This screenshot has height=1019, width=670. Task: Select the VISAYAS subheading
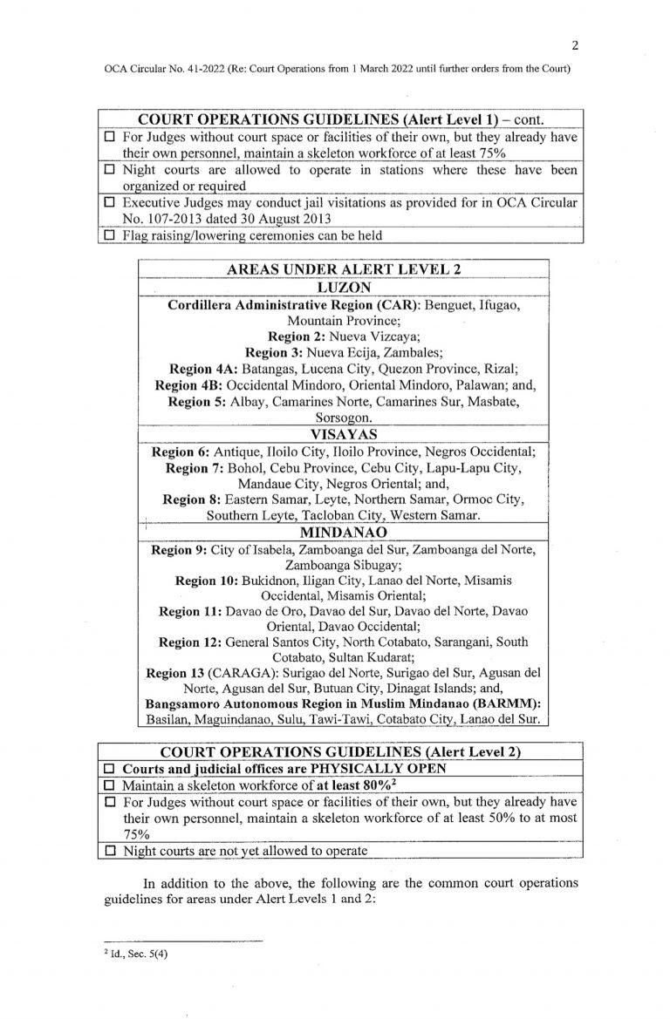(x=342, y=433)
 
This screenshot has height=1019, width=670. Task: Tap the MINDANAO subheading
(x=342, y=531)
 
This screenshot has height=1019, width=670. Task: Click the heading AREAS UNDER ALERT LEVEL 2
(x=342, y=269)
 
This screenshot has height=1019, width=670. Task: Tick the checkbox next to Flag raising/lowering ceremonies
(x=110, y=234)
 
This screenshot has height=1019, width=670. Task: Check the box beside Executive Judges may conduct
(x=110, y=203)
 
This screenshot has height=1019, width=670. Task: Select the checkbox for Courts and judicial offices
(x=110, y=771)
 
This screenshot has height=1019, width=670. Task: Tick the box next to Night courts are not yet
(x=110, y=850)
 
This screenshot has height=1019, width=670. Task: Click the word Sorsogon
(x=341, y=418)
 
